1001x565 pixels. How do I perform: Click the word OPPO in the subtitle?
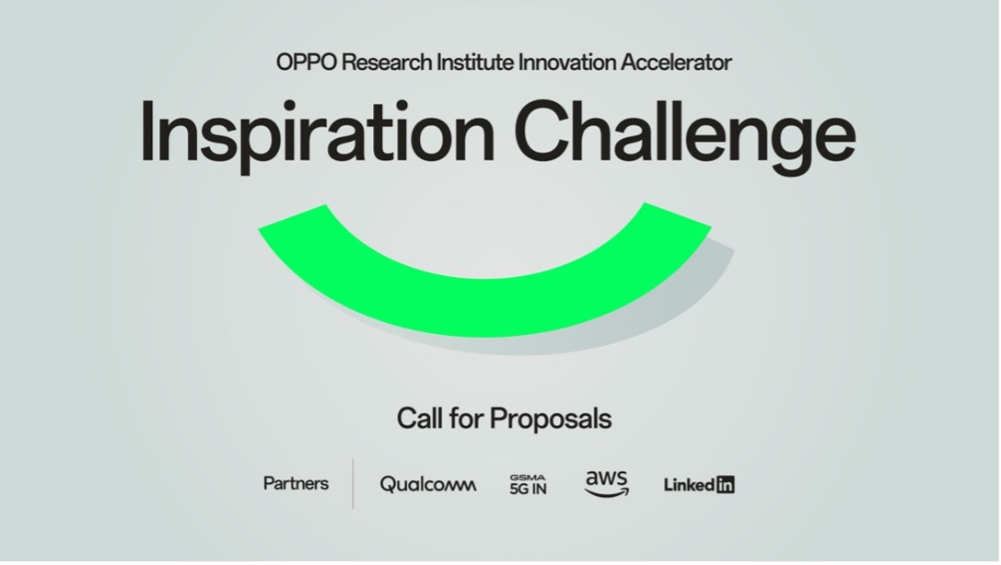click(307, 63)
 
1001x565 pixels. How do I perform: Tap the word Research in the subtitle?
click(387, 63)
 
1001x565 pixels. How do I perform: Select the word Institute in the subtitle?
click(475, 63)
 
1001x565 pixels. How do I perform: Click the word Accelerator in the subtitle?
click(676, 63)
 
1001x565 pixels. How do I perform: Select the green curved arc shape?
click(485, 306)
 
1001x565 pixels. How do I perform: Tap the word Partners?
click(296, 483)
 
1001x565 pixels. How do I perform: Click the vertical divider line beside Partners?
click(353, 483)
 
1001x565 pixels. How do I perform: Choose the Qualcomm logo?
click(427, 485)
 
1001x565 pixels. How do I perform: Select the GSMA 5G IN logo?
click(528, 485)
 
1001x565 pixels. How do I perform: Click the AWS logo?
click(607, 483)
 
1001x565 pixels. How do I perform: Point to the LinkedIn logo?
click(699, 485)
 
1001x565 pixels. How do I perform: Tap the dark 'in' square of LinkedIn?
click(726, 485)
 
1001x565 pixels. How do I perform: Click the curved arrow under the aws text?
click(607, 491)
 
